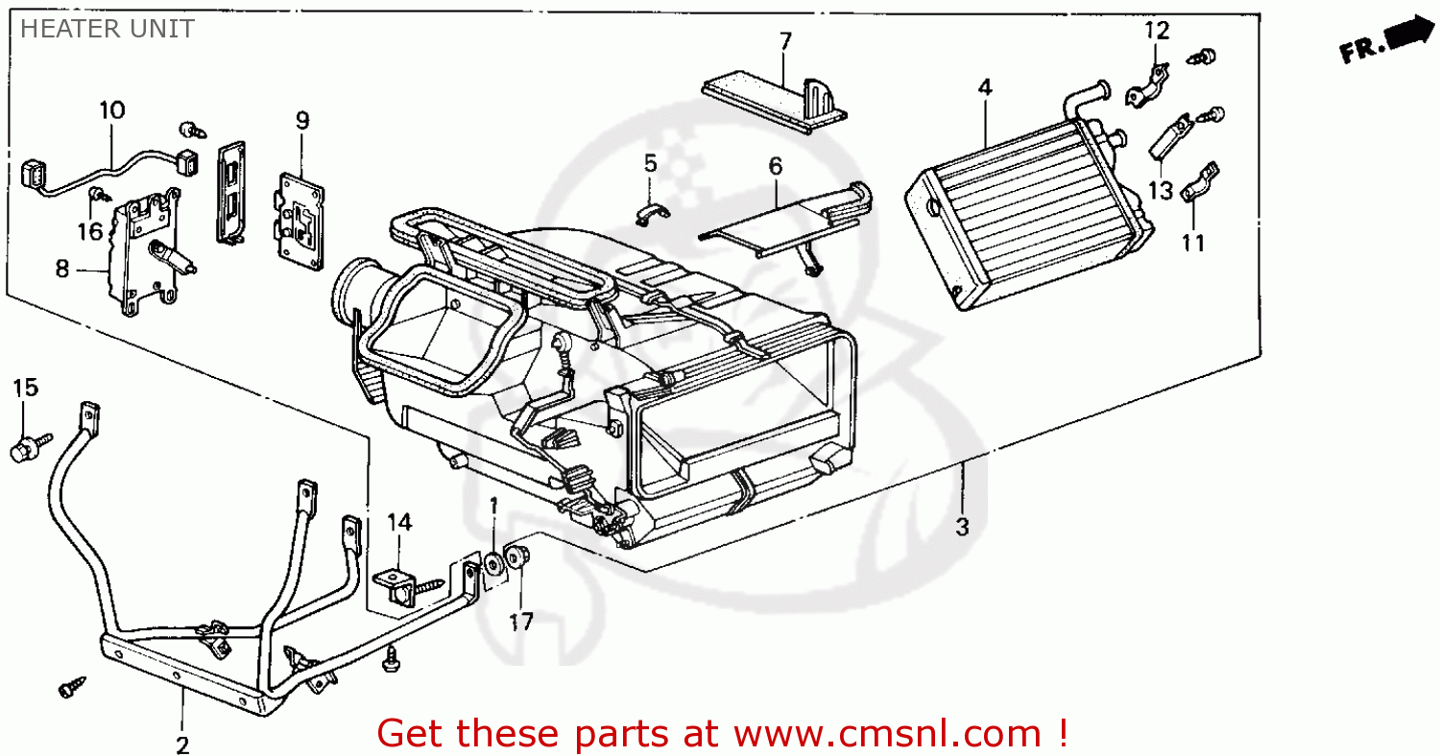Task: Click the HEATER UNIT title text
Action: point(107,29)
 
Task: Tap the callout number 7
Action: point(785,41)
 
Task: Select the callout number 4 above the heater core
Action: point(984,87)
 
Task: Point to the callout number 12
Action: point(1157,31)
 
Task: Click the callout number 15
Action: point(26,389)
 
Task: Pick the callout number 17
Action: point(520,623)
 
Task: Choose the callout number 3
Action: point(962,527)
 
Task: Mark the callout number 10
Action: point(112,110)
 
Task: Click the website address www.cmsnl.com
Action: point(887,734)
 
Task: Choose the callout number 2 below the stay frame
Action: point(182,745)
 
